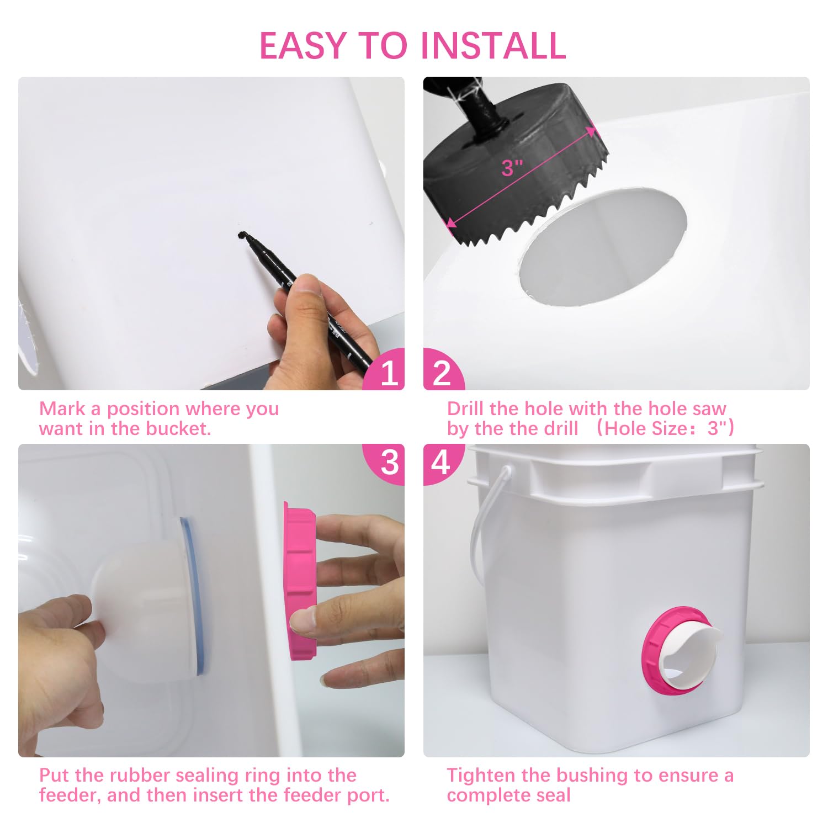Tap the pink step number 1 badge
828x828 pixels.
tap(386, 371)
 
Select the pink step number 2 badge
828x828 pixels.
tap(443, 371)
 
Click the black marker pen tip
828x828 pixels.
tap(241, 235)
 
